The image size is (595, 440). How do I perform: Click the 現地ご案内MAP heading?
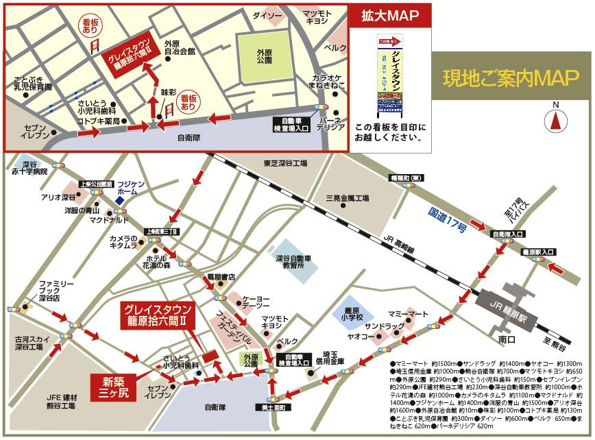(x=510, y=77)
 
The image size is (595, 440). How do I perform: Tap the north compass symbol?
(x=555, y=121)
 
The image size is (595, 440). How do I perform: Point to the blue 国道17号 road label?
(x=446, y=217)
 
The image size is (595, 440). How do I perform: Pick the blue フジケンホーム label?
(x=127, y=189)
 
